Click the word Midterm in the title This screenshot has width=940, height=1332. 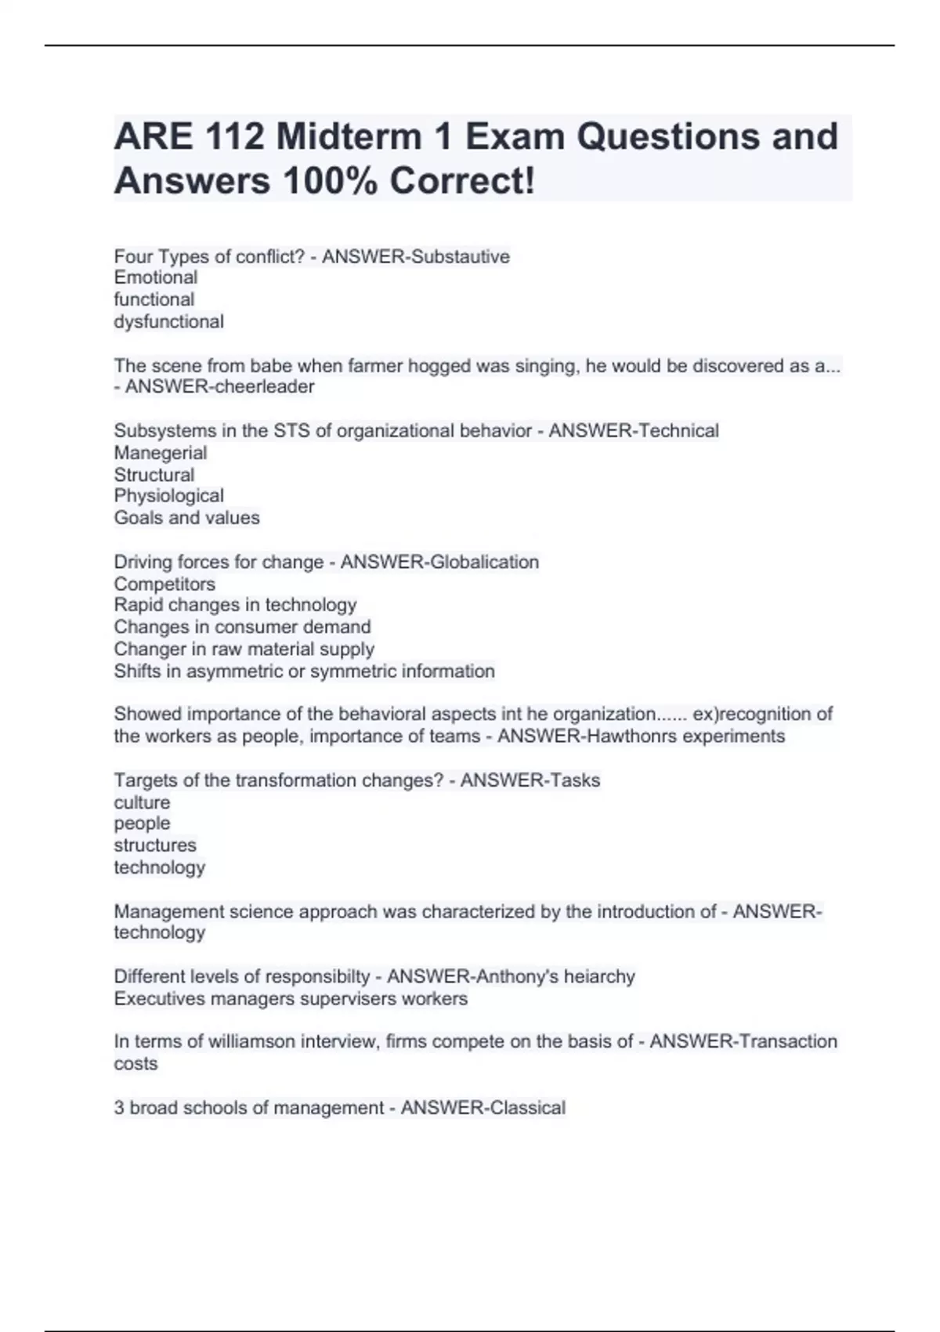(361, 136)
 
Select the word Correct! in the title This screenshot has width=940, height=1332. (462, 181)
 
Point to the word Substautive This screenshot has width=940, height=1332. (461, 256)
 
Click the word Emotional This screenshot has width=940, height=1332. (156, 277)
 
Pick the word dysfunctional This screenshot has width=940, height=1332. (169, 321)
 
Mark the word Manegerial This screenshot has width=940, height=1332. (161, 452)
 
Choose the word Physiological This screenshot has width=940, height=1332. (169, 495)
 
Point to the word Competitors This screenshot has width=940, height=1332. (164, 584)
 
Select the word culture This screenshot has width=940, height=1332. (142, 802)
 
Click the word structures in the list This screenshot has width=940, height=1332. (155, 845)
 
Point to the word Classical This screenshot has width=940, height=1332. (526, 1107)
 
